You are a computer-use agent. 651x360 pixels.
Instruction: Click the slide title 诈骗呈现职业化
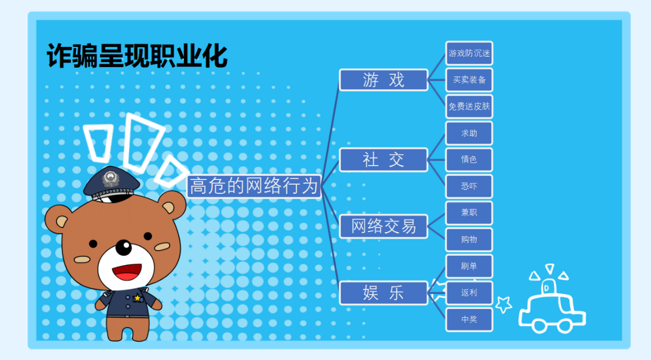137,56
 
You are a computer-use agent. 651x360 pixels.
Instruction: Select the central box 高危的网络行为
254,186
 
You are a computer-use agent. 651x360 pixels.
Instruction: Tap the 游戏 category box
384,80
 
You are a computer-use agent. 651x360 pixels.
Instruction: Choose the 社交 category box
384,160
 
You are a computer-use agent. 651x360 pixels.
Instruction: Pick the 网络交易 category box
384,226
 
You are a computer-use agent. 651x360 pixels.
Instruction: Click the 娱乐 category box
384,293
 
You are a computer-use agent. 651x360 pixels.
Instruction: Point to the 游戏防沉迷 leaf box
469,53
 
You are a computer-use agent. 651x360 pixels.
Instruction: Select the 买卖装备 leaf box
469,80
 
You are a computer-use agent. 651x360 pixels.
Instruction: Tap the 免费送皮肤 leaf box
469,106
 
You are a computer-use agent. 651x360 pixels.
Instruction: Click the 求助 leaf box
469,133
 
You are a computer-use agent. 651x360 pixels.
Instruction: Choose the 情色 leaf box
469,160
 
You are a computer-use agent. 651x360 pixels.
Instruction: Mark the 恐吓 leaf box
469,186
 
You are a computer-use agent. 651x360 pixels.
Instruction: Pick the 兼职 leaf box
469,213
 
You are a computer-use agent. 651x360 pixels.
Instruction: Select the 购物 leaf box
469,240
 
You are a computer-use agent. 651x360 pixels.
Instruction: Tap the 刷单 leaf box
469,266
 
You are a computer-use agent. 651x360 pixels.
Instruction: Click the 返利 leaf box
469,293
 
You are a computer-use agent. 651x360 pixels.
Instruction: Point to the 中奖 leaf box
469,319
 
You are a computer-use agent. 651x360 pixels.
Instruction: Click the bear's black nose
123,248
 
